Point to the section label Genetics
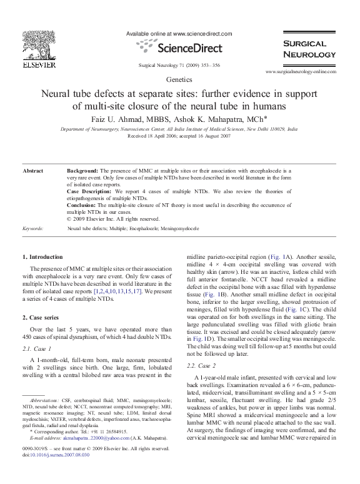point(179,81)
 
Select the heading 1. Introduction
point(42,257)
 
